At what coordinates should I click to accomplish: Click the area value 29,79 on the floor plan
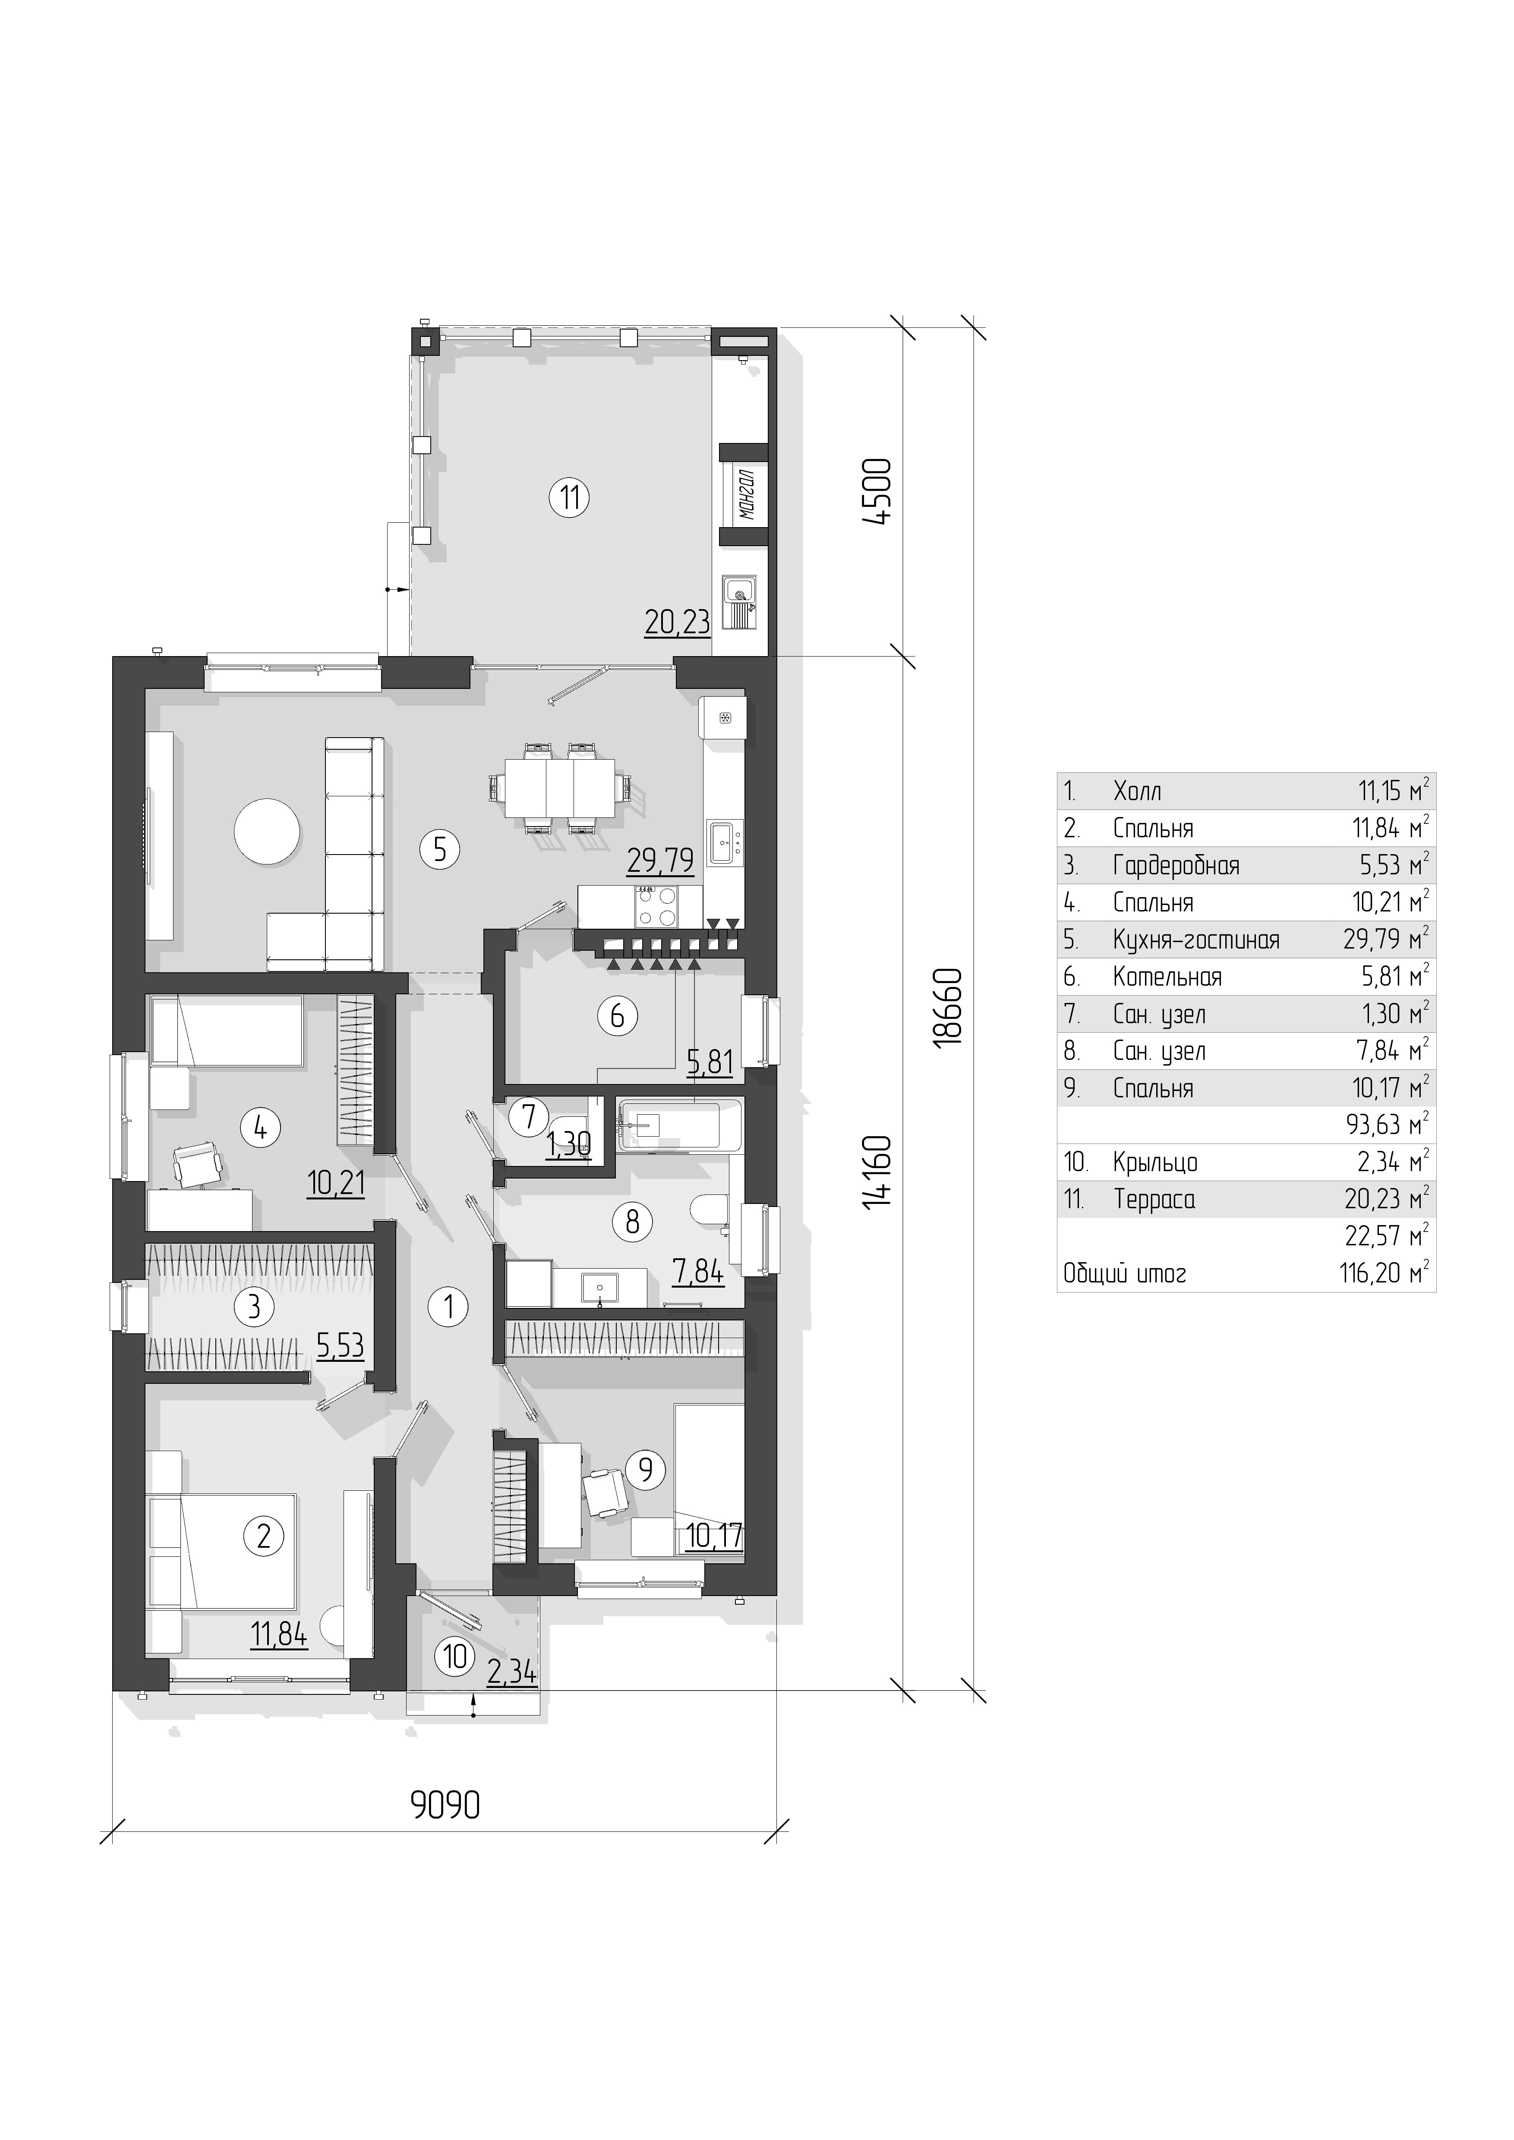pyautogui.click(x=660, y=860)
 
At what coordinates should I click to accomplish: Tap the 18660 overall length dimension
pyautogui.click(x=947, y=1019)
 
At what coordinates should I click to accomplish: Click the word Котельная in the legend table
pyautogui.click(x=1167, y=977)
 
